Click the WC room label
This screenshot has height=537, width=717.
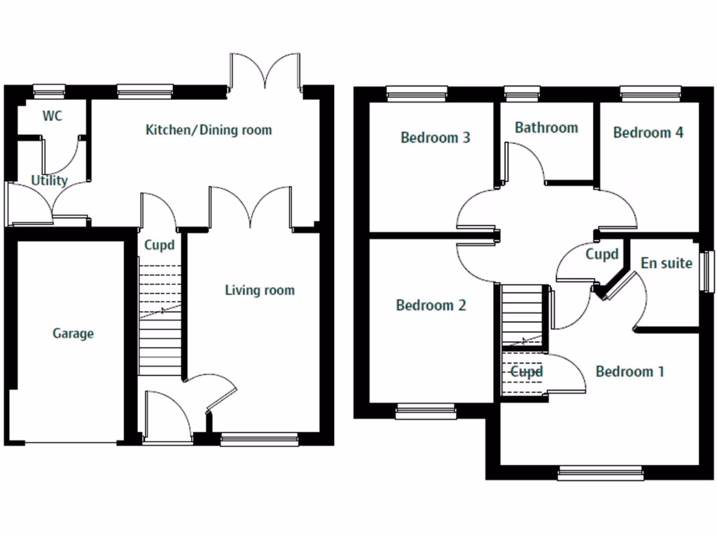coord(53,116)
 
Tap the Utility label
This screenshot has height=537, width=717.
coord(49,180)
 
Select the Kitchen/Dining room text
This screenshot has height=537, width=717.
coord(208,130)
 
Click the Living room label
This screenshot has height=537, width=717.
coord(259,290)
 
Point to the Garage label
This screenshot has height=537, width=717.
coord(73,334)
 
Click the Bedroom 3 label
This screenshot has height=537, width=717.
coord(435,138)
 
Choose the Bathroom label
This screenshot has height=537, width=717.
coord(546,127)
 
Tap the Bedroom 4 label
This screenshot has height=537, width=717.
coord(648,132)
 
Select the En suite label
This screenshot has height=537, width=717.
coord(667,263)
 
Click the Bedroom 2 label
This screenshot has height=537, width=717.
coord(431,306)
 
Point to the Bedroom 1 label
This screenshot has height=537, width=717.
coord(629,371)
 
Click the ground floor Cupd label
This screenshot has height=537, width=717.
coord(159,245)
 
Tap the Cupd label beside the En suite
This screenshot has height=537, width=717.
coord(601,255)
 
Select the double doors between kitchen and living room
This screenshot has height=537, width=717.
coord(250,208)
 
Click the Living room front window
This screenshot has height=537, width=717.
coord(259,439)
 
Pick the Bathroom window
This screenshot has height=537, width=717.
coord(517,90)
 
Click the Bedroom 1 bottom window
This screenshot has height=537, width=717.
coord(600,474)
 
